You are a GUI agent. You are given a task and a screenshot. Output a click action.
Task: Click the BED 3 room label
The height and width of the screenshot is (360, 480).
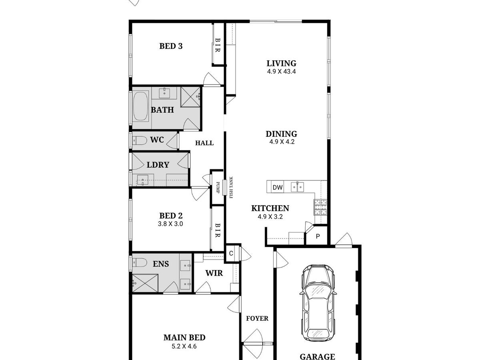[x=171, y=46]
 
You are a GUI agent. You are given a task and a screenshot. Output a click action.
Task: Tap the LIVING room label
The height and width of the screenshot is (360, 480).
[x=282, y=63]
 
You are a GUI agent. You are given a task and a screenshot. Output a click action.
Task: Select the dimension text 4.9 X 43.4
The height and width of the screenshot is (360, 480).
[x=282, y=72]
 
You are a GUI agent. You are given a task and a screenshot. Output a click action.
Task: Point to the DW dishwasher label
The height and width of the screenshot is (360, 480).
[x=278, y=187]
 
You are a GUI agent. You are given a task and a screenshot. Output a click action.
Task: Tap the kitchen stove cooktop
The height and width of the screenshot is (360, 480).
[x=320, y=207]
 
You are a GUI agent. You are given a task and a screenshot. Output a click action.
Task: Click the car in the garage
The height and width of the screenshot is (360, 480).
[x=318, y=302]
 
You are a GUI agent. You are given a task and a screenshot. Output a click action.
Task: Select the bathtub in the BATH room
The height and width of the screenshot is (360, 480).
[x=141, y=106]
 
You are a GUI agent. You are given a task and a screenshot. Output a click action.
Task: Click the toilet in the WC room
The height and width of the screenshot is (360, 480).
[x=139, y=141]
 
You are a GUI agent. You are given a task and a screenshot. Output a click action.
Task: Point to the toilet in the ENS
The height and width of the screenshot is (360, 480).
[x=139, y=262]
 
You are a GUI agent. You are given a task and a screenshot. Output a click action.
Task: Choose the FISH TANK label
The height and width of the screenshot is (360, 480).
[x=231, y=187]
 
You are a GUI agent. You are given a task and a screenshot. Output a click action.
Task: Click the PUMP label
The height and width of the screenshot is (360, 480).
[x=218, y=188]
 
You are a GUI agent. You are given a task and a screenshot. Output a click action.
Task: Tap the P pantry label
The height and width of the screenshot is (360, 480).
[x=318, y=236]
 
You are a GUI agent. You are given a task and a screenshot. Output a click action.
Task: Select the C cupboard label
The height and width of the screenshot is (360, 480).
[x=231, y=253]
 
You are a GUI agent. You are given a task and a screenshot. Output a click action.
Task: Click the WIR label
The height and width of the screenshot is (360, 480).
[x=214, y=273]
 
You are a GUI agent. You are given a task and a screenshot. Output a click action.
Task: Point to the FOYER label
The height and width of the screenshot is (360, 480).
[x=257, y=318]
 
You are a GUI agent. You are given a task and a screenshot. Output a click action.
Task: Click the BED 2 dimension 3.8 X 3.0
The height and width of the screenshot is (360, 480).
[x=170, y=224]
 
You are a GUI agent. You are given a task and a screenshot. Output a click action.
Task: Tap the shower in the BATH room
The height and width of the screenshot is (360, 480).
[x=190, y=97]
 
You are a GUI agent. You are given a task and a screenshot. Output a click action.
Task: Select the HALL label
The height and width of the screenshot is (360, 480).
[x=204, y=143]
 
